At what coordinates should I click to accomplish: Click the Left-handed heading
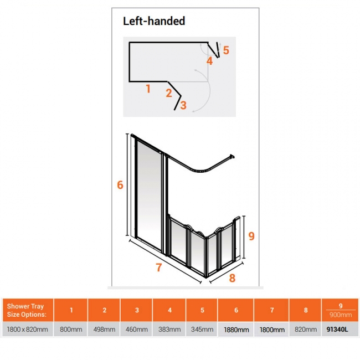pyautogui.click(x=154, y=21)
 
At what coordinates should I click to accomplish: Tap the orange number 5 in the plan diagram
pyautogui.click(x=226, y=50)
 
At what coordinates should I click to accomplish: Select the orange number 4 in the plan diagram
pyautogui.click(x=209, y=61)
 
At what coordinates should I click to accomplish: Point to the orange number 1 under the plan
pyautogui.click(x=148, y=89)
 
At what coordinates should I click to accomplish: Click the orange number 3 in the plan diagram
pyautogui.click(x=183, y=105)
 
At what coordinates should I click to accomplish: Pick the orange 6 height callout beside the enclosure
pyautogui.click(x=120, y=185)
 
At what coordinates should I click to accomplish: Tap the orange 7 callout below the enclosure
pyautogui.click(x=158, y=268)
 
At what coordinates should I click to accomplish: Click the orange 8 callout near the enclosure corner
pyautogui.click(x=232, y=278)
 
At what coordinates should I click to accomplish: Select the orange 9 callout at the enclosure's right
pyautogui.click(x=251, y=236)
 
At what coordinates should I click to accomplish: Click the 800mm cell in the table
pyautogui.click(x=71, y=330)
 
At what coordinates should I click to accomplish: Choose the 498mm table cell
pyautogui.click(x=104, y=330)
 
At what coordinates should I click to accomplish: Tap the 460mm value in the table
pyautogui.click(x=137, y=330)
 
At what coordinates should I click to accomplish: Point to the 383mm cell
pyautogui.click(x=169, y=330)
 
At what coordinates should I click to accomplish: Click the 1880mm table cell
pyautogui.click(x=236, y=330)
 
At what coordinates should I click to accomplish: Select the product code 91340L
pyautogui.click(x=337, y=330)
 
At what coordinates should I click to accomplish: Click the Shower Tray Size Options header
pyautogui.click(x=27, y=310)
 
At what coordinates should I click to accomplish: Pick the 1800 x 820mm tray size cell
pyautogui.click(x=28, y=330)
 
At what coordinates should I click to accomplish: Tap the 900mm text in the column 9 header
pyautogui.click(x=341, y=315)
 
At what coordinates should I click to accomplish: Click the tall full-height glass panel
pyautogui.click(x=149, y=195)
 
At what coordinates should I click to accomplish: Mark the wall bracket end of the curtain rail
pyautogui.click(x=232, y=157)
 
